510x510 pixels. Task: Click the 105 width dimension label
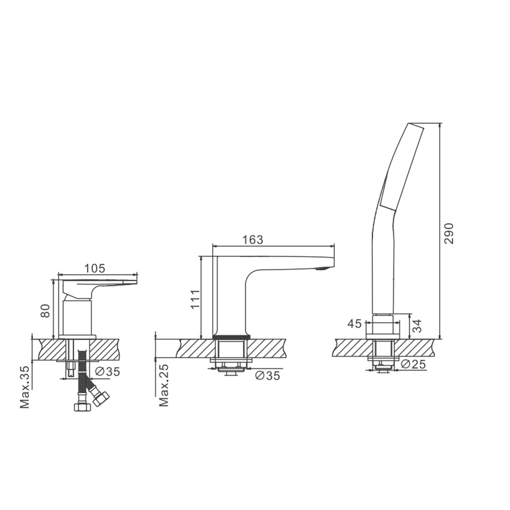coord(95,268)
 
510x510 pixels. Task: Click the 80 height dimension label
coord(45,311)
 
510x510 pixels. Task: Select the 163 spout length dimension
coord(253,240)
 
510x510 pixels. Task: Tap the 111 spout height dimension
coord(195,299)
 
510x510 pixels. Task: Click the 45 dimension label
coord(354,323)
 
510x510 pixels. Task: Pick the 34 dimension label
coord(416,326)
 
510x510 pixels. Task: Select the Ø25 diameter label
coord(414,364)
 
